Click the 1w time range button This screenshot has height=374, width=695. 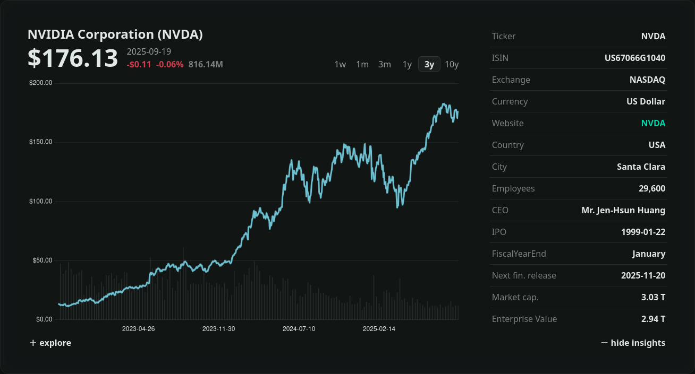click(340, 64)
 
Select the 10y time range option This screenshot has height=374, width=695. click(452, 64)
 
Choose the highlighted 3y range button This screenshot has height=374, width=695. click(429, 64)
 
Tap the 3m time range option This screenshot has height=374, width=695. click(385, 64)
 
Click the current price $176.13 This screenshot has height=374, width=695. click(73, 58)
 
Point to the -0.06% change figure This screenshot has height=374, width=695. click(169, 65)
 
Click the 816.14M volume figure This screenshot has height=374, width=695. click(206, 65)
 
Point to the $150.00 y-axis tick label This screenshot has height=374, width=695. click(41, 142)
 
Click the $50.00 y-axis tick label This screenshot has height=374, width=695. click(41, 260)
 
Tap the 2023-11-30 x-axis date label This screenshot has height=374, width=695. click(218, 329)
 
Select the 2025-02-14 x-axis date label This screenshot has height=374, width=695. click(379, 329)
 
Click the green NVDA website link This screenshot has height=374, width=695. click(653, 123)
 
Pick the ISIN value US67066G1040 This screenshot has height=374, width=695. click(635, 58)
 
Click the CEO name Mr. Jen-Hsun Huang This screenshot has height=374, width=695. click(623, 210)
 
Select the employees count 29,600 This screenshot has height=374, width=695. click(652, 188)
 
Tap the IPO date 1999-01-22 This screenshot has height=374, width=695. click(643, 232)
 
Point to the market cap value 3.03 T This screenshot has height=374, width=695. click(653, 297)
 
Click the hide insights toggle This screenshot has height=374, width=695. click(633, 343)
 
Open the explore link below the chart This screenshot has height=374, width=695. click(50, 343)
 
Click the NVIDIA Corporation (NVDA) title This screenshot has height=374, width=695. click(115, 34)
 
